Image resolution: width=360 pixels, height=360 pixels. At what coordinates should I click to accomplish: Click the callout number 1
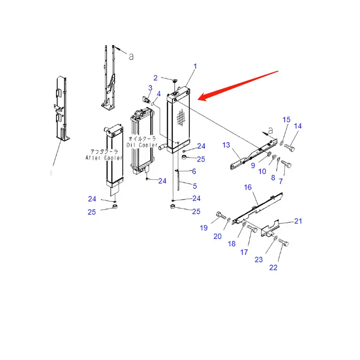click(x=195, y=67)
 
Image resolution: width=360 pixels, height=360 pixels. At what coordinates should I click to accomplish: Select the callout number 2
click(x=156, y=78)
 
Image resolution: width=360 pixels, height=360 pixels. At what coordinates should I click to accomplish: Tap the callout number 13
click(x=226, y=144)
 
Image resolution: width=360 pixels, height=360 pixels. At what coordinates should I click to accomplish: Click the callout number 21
click(x=298, y=220)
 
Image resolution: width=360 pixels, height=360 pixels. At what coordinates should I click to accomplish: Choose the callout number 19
click(x=203, y=228)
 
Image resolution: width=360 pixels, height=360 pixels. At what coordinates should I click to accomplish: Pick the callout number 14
click(x=297, y=126)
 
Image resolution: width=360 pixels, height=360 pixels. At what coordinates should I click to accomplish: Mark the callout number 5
click(x=194, y=186)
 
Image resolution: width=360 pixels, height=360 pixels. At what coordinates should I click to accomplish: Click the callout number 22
click(x=273, y=267)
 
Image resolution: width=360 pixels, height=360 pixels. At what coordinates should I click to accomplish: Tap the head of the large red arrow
click(x=201, y=97)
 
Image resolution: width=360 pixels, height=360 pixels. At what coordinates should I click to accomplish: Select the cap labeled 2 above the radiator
click(x=174, y=81)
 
